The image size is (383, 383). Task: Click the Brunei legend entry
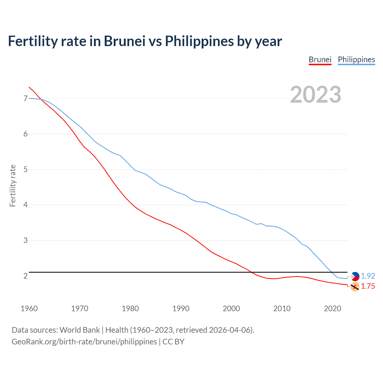320,60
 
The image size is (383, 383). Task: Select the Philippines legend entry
356,60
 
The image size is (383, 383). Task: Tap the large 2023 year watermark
316,95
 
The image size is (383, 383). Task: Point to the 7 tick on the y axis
25,98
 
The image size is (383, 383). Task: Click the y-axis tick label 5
25,169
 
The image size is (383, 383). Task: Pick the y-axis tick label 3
25,240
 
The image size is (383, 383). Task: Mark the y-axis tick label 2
25,276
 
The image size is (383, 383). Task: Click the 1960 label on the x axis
29,308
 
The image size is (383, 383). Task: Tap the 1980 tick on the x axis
130,308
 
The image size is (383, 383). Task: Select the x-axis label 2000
231,308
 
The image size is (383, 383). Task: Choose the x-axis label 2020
332,308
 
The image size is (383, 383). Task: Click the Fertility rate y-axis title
13,186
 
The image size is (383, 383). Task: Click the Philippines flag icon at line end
355,276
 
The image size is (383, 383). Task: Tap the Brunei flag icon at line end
355,287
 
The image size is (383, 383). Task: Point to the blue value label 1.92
368,276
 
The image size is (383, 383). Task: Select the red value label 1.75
368,286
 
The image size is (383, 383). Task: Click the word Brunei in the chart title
124,41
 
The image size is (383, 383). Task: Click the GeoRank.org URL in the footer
84,342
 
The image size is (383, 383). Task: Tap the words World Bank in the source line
80,330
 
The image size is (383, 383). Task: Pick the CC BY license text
173,342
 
